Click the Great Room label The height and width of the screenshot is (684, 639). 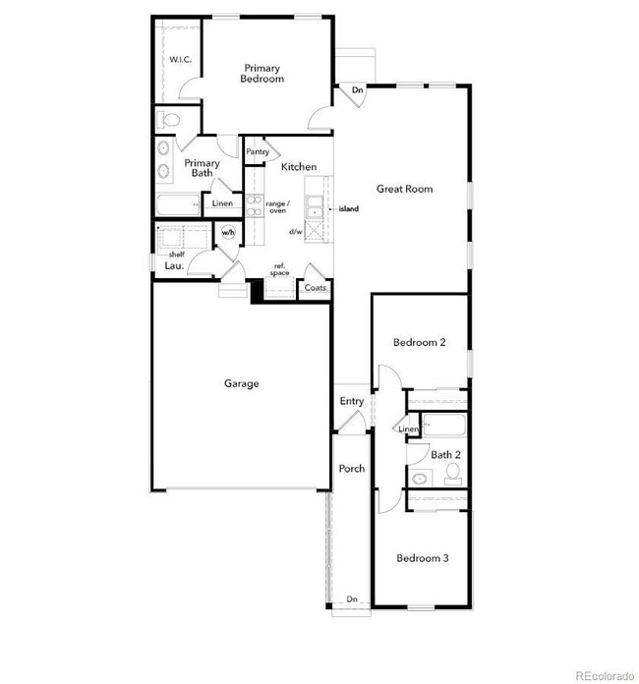pos(404,189)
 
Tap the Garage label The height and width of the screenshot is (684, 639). pos(241,383)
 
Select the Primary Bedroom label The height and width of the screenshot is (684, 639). pos(263,73)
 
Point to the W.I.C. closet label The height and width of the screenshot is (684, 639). pos(180,59)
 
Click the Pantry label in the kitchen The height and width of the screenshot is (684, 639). pos(258,151)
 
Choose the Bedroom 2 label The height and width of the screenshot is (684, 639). pos(420,342)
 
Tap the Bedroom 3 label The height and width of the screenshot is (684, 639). pos(423,558)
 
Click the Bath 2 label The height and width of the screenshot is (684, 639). pos(446,455)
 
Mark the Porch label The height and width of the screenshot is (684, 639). pos(352,469)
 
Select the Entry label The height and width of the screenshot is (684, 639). pos(352,401)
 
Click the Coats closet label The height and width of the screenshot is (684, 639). pos(316,288)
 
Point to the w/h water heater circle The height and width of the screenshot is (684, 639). pos(228,233)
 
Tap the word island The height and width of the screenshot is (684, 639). pos(349,209)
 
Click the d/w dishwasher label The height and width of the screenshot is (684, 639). pos(295,232)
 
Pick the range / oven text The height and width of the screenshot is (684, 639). pos(277,206)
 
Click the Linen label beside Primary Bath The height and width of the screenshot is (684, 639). pos(223,204)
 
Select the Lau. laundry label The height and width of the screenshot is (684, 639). pos(175,265)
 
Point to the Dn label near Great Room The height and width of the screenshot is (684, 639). pos(358,89)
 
